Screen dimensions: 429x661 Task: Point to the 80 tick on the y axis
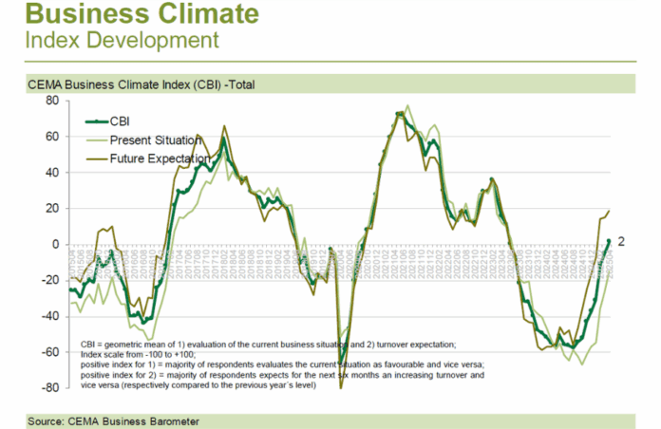(x=53, y=101)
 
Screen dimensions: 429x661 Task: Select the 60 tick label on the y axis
(x=53, y=137)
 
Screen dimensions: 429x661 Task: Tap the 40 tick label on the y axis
(x=53, y=173)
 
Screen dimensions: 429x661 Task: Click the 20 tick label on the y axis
(x=53, y=208)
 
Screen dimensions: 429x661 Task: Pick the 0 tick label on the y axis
(x=56, y=244)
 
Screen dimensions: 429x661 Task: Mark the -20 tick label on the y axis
(x=51, y=280)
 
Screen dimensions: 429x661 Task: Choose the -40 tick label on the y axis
(x=51, y=316)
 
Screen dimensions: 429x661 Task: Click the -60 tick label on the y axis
(x=51, y=351)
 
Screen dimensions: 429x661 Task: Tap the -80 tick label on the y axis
(x=51, y=387)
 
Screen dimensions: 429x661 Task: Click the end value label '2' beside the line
(x=620, y=242)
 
